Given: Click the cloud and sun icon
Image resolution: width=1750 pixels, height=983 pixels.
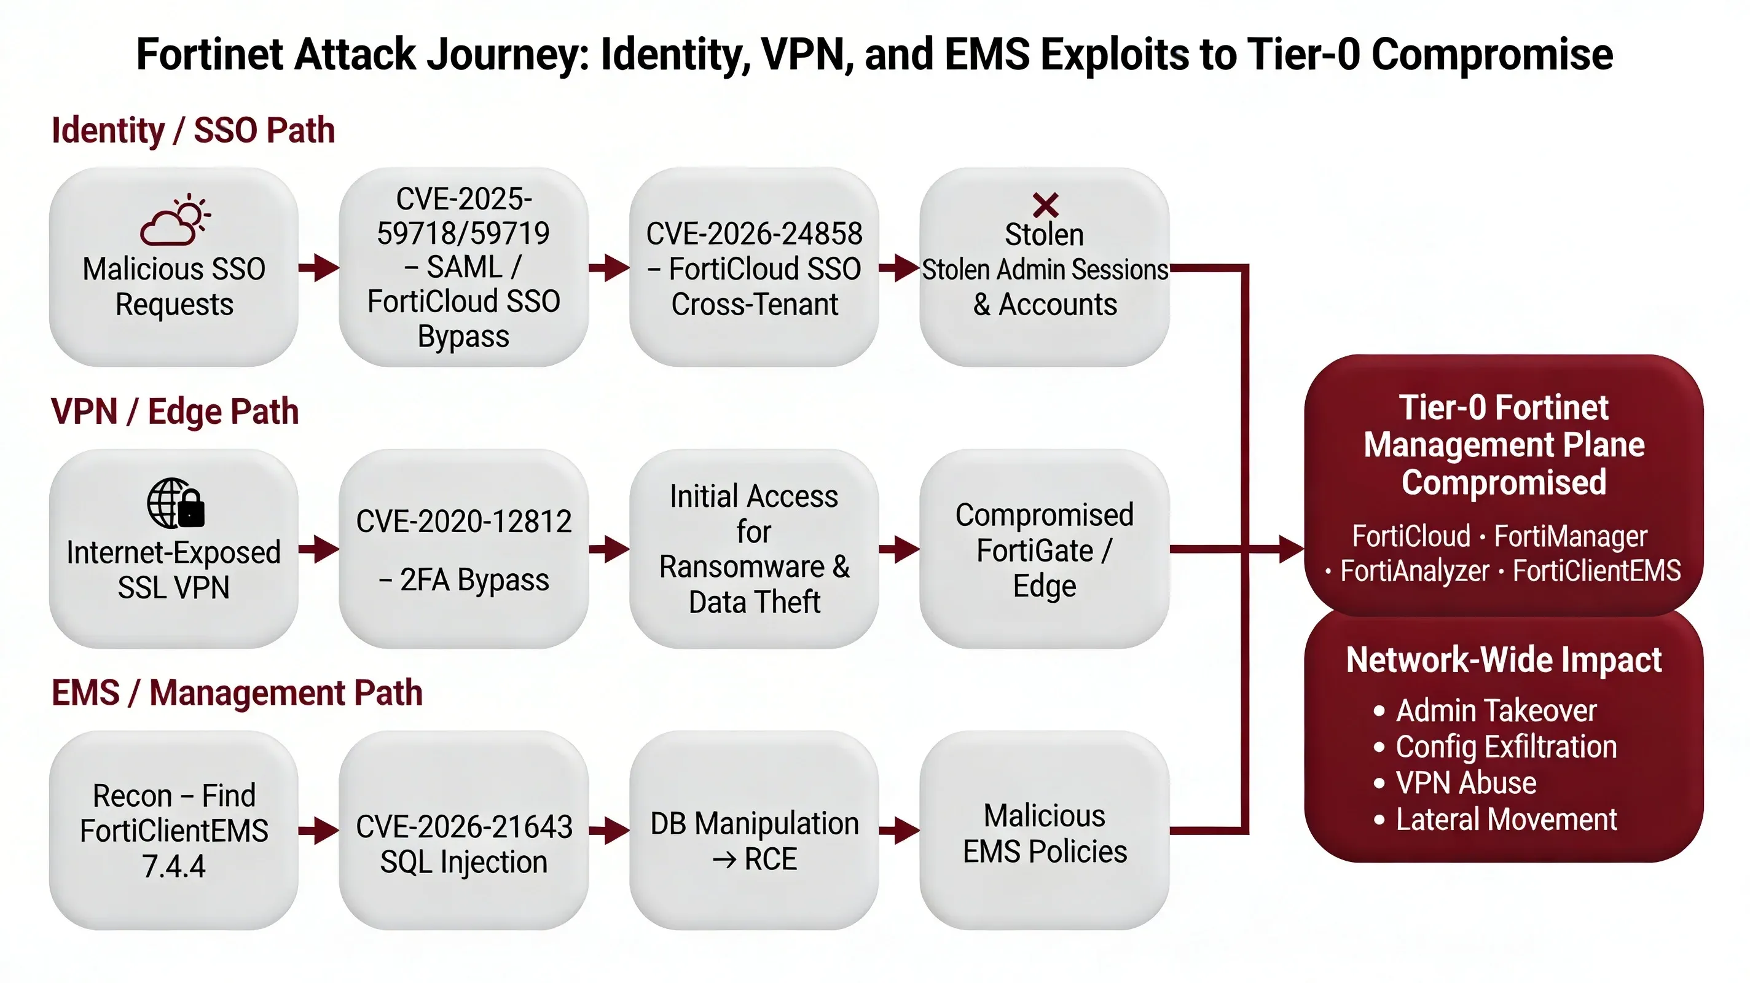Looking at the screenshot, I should tap(175, 219).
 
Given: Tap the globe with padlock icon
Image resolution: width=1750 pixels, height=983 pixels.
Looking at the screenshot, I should tap(175, 503).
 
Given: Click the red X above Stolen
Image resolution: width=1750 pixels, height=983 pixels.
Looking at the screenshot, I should tap(1045, 205).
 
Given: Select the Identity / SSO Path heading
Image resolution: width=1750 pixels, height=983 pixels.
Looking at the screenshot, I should tap(193, 130).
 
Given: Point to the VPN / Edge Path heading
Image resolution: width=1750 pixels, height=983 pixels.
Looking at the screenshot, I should tap(175, 412).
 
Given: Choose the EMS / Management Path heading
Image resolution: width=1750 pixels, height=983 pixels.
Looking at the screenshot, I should tap(237, 693).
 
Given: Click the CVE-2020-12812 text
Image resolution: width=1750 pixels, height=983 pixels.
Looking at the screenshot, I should tap(463, 522).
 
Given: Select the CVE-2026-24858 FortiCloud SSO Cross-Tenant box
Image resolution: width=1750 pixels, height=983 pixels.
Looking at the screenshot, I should tap(753, 268).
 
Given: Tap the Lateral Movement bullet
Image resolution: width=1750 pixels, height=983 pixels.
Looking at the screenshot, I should tap(1505, 820).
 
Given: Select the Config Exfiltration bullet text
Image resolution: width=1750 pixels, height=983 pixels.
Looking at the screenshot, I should tap(1505, 747).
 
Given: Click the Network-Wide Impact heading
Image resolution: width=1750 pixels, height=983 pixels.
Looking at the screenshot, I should tap(1504, 660).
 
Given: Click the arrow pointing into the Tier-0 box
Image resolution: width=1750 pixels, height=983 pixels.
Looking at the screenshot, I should tap(1287, 549).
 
